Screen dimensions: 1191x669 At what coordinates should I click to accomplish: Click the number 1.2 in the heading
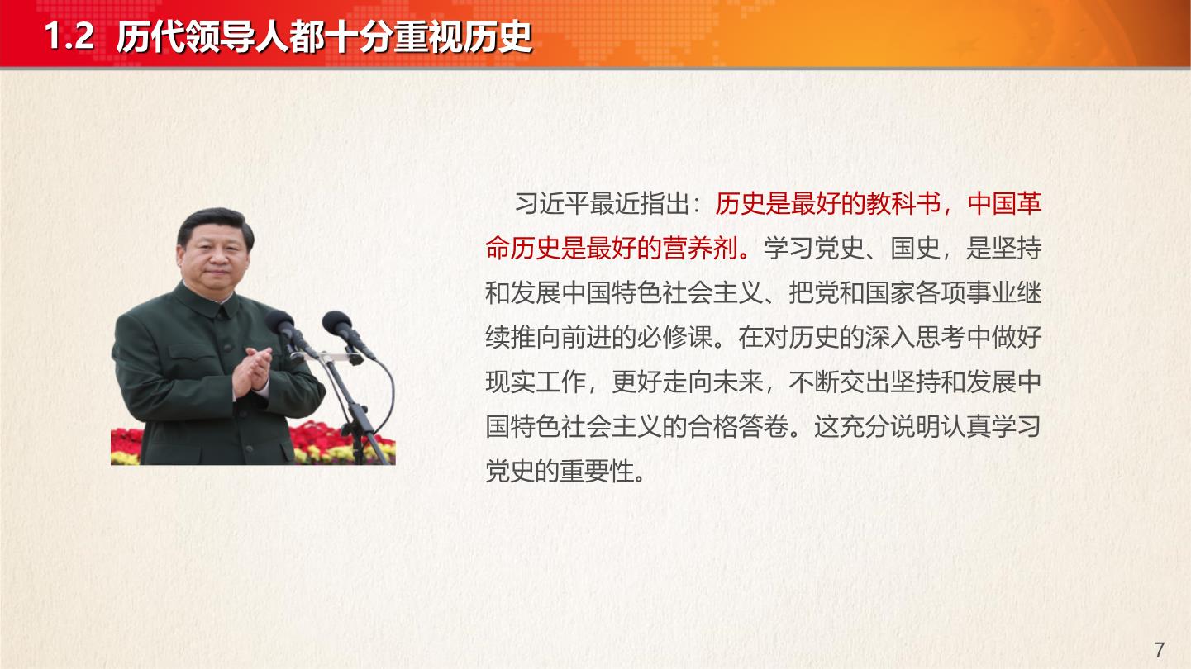pyautogui.click(x=69, y=36)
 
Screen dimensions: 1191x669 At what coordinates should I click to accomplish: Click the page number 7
pyautogui.click(x=1159, y=650)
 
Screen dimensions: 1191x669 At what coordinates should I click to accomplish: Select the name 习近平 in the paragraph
pyautogui.click(x=552, y=203)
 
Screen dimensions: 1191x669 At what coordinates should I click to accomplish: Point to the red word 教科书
pyautogui.click(x=904, y=203)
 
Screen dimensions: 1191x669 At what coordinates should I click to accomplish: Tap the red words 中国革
pyautogui.click(x=1004, y=203)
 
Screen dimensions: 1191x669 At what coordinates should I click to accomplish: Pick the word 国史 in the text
pyautogui.click(x=916, y=248)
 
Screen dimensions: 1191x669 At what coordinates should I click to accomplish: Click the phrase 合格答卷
pyautogui.click(x=739, y=427)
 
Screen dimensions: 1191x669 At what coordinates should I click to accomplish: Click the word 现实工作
pyautogui.click(x=536, y=382)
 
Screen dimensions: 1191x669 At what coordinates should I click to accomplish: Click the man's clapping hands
pyautogui.click(x=252, y=371)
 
